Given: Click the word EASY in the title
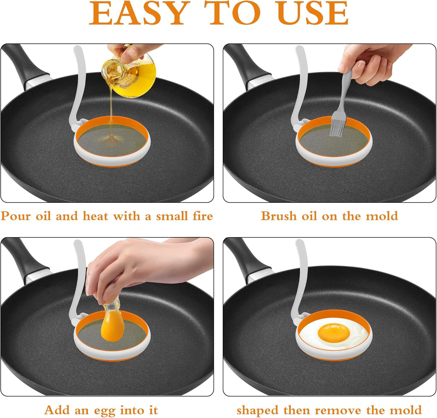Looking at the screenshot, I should [138, 14].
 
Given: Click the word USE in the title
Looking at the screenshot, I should [313, 14].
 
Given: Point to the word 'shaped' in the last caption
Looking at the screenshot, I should [257, 410].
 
